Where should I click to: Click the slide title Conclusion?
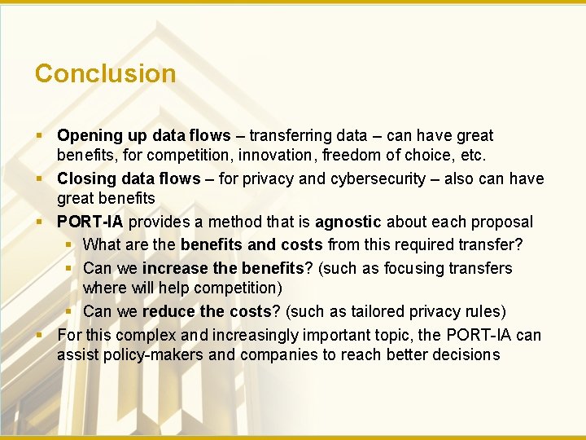click(x=105, y=73)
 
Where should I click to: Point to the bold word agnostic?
click(x=348, y=222)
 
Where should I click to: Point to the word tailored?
click(x=378, y=311)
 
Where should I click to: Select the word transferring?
click(x=291, y=136)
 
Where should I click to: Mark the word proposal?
click(x=503, y=222)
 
